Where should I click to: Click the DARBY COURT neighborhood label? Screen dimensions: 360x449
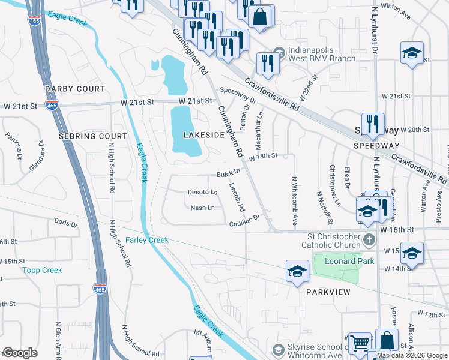tap(75, 89)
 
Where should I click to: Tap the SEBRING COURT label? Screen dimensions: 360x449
tap(92, 136)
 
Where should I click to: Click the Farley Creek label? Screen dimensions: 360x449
tap(147, 240)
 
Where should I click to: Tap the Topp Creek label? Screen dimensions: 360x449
tap(43, 270)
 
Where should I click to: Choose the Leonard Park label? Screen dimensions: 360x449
tap(349, 261)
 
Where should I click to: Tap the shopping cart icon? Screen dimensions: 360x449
tap(360, 343)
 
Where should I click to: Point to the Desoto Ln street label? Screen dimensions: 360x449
tap(203, 192)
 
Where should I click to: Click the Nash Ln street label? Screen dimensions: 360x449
tap(202, 208)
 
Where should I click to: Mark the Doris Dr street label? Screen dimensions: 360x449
tap(62, 221)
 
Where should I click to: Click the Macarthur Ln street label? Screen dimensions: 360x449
tap(260, 122)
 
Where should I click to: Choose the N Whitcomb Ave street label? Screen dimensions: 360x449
tap(294, 195)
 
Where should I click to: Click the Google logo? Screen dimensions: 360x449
tap(20, 353)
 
